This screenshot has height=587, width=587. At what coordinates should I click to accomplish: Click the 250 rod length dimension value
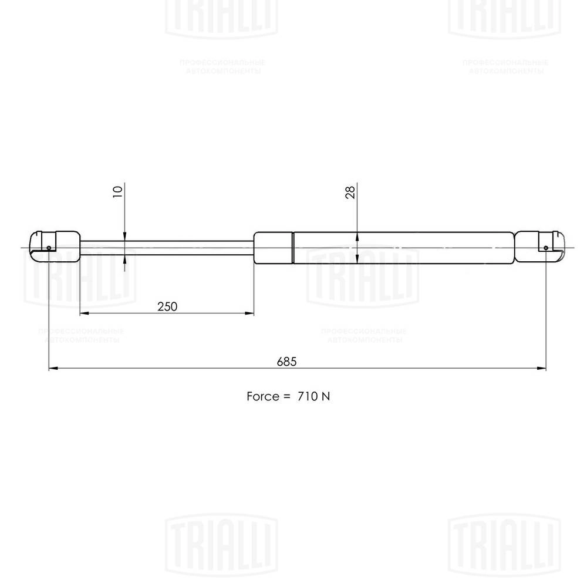click(167, 306)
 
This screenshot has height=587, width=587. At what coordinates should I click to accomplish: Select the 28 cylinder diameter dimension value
click(350, 193)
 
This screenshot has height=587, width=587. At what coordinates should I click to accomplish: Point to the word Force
click(262, 396)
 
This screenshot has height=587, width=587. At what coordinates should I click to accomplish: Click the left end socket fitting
click(53, 247)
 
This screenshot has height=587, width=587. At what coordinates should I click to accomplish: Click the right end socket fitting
click(541, 247)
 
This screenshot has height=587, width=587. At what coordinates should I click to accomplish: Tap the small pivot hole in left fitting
click(48, 248)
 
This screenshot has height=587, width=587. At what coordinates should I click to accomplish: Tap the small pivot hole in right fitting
click(546, 248)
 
